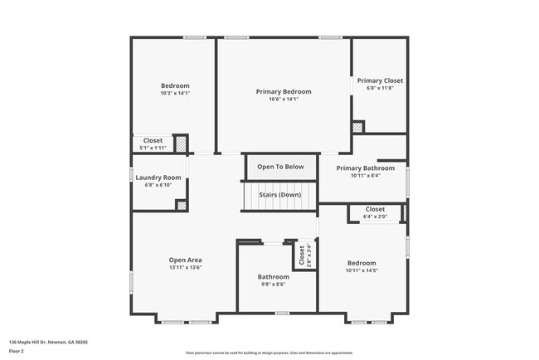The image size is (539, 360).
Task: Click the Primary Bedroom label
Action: point(284,91)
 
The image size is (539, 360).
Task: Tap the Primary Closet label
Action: point(380,80)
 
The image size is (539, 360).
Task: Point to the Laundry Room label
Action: point(158,178)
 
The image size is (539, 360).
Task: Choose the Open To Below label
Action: point(280,167)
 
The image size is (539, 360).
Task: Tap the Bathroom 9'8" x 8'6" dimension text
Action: point(273,285)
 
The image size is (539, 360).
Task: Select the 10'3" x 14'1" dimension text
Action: point(175,93)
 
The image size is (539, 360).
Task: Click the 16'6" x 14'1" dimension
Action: point(284,100)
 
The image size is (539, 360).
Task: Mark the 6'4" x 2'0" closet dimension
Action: point(375,217)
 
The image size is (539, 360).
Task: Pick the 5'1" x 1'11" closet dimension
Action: point(152,148)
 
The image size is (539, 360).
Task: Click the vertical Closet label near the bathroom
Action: point(302,255)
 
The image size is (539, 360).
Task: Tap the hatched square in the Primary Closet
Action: point(358,127)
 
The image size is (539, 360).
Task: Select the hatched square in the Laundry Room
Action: point(180,205)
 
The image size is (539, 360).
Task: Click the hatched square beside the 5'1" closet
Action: point(179,144)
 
